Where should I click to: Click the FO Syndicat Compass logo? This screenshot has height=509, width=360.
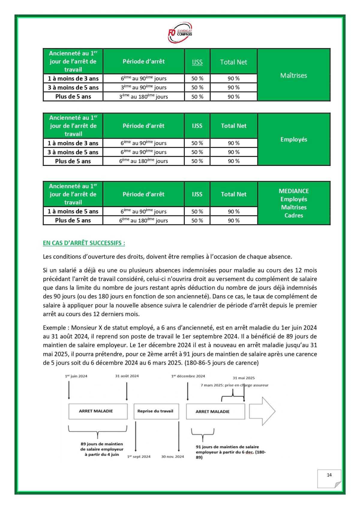pyautogui.click(x=180, y=32)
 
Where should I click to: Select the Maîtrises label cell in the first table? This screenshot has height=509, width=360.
pyautogui.click(x=293, y=75)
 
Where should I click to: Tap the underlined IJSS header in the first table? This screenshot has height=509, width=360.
pyautogui.click(x=197, y=62)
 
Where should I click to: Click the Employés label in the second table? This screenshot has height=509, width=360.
pyautogui.click(x=293, y=139)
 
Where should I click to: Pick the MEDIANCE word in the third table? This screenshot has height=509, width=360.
pyautogui.click(x=293, y=191)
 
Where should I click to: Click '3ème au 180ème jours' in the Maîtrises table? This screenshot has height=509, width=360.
pyautogui.click(x=143, y=97)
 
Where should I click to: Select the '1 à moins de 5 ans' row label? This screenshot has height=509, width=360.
pyautogui.click(x=73, y=211)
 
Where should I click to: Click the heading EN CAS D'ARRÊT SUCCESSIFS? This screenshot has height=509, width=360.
pyautogui.click(x=84, y=243)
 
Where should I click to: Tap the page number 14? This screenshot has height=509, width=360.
pyautogui.click(x=329, y=475)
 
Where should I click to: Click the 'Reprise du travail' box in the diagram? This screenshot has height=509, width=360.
pyautogui.click(x=155, y=411)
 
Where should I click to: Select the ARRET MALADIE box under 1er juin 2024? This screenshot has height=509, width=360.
pyautogui.click(x=96, y=411)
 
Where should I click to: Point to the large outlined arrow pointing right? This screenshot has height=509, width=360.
pyautogui.click(x=262, y=411)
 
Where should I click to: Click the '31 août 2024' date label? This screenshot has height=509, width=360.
pyautogui.click(x=127, y=376)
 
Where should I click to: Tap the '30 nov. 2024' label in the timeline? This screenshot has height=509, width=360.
pyautogui.click(x=172, y=457)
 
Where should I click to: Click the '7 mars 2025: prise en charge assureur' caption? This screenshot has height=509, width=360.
pyautogui.click(x=234, y=385)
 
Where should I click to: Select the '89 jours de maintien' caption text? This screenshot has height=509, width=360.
pyautogui.click(x=102, y=444)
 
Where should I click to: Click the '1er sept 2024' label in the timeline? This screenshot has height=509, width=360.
pyautogui.click(x=139, y=457)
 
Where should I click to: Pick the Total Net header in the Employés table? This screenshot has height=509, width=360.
pyautogui.click(x=233, y=126)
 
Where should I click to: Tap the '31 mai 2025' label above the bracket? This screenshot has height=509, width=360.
pyautogui.click(x=244, y=378)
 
